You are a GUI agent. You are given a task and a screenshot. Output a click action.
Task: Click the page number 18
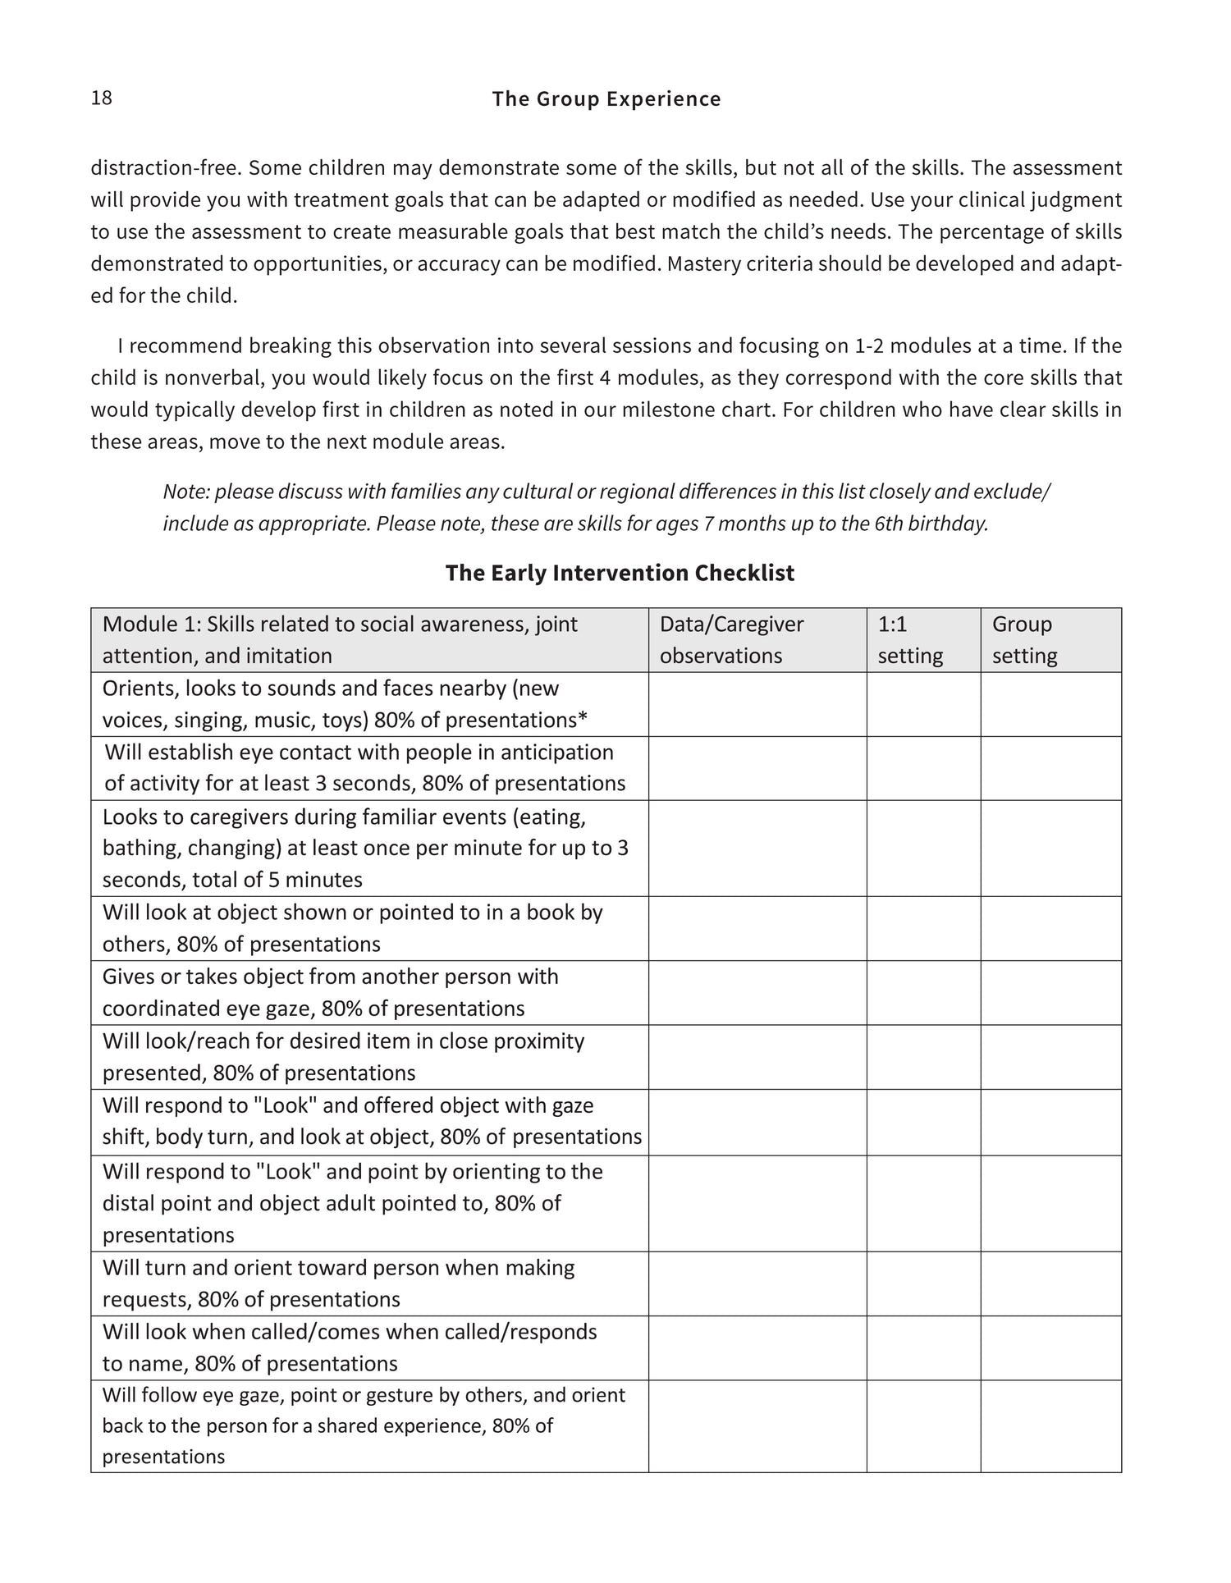pyautogui.click(x=101, y=98)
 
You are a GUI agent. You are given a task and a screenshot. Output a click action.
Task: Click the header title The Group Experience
pyautogui.click(x=606, y=99)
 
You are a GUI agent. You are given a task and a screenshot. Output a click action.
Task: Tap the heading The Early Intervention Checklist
pyautogui.click(x=620, y=573)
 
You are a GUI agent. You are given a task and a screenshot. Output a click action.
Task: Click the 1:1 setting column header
pyautogui.click(x=910, y=640)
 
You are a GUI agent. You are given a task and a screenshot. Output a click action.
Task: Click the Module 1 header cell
pyautogui.click(x=340, y=640)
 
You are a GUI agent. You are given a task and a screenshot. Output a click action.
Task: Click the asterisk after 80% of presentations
pyautogui.click(x=583, y=720)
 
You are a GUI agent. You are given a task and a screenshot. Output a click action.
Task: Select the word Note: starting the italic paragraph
pyautogui.click(x=186, y=492)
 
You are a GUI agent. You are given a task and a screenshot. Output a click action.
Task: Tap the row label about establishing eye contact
pyautogui.click(x=364, y=768)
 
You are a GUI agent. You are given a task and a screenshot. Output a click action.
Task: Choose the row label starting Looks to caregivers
pyautogui.click(x=364, y=849)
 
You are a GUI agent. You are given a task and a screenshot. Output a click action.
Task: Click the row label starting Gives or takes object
pyautogui.click(x=330, y=992)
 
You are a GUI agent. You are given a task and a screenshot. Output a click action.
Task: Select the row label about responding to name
pyautogui.click(x=350, y=1347)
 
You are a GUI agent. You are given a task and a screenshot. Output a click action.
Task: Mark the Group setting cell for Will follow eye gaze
pyautogui.click(x=1050, y=1425)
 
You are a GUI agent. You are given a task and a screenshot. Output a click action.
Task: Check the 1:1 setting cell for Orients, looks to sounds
pyautogui.click(x=923, y=704)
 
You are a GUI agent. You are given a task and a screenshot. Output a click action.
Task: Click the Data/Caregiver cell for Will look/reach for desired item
pyautogui.click(x=757, y=1057)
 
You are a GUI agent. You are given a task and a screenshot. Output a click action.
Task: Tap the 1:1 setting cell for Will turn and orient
pyautogui.click(x=923, y=1283)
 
